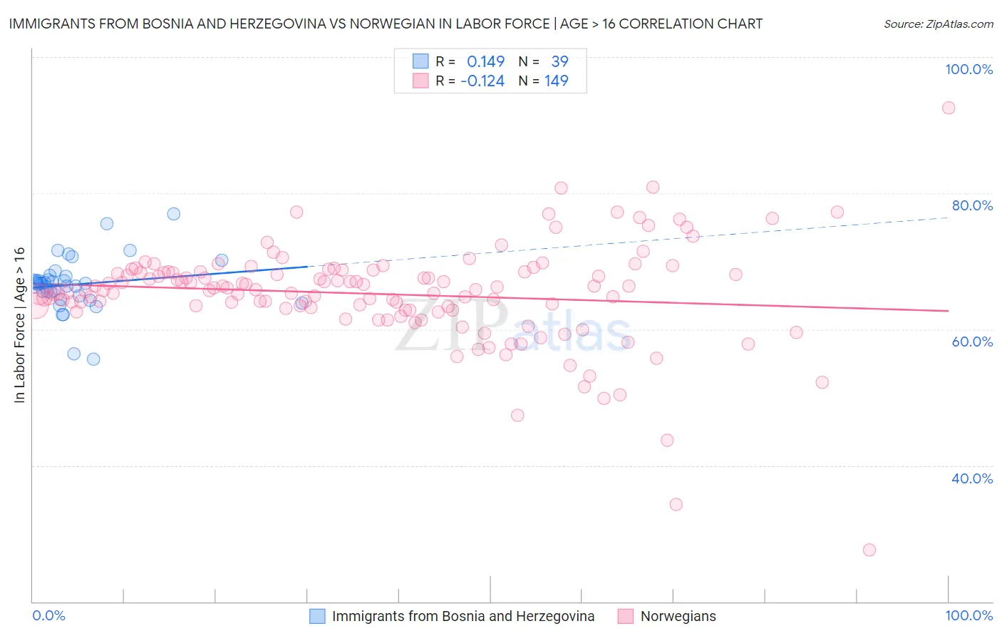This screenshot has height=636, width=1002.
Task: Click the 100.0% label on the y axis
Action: pos(969,69)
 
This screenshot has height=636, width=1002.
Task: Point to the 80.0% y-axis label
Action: pos(972,205)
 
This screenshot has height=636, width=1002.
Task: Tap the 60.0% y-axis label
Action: pos(972,342)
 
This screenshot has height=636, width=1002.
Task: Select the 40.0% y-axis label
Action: pos(972,478)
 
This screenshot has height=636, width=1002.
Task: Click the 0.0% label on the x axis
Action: pos(48,615)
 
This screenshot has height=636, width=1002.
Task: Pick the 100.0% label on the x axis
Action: pos(969,615)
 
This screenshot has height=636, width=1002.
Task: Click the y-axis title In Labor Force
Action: pos(19,325)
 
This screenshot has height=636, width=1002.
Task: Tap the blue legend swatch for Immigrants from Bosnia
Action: pos(317,616)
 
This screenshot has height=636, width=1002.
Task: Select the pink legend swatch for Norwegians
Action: pos(626,616)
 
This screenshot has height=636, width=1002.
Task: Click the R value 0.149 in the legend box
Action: pos(485,62)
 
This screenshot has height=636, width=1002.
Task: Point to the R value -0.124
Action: pos(482,81)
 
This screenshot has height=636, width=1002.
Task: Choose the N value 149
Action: pos(557,81)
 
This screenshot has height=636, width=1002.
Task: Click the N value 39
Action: pos(559,62)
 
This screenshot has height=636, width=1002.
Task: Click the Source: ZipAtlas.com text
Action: pos(938,24)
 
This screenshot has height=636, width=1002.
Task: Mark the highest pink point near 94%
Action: pos(948,108)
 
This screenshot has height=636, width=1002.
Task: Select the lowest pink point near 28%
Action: pos(869,550)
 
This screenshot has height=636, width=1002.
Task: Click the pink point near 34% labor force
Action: pos(676,504)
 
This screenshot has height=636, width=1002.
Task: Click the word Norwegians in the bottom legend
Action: pos(678,616)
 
